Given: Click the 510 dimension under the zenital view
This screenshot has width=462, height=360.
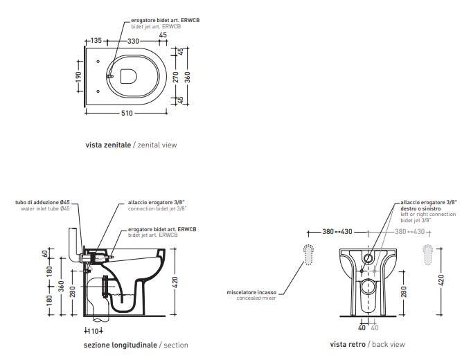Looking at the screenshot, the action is pos(127,113).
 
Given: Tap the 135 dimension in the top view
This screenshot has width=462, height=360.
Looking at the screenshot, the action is pos(96,40).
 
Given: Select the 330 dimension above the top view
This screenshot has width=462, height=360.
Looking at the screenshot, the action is pos(133,41).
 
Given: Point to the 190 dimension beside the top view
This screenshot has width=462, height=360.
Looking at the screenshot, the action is pos(78,77).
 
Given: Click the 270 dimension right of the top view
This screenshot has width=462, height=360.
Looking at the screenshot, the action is pos(176,77).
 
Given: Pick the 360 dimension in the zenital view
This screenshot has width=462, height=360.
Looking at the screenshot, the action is pos(188,77).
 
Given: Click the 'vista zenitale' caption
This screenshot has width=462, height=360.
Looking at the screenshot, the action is pos(108,145).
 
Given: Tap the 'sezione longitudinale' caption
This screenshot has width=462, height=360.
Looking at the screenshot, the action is pos(121,345).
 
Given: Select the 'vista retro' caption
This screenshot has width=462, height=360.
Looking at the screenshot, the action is pos(348,344).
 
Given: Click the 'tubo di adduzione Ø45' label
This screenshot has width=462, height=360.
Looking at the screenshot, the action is pos(42,202).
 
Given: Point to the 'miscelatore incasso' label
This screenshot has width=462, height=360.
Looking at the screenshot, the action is pos(251,293).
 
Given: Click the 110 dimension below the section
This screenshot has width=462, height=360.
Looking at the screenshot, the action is pos(94,331).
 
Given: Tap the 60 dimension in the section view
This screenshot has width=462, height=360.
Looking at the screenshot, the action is pos(45,253).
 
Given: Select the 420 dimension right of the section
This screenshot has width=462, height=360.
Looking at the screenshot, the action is pos(175,282).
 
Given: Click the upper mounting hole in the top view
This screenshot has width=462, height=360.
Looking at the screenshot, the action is pos(98,62).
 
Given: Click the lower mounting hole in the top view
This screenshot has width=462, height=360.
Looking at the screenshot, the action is pos(98,91).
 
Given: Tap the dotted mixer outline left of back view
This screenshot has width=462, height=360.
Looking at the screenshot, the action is pos(308,255).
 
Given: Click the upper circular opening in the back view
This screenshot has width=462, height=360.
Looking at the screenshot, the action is pos(368,258).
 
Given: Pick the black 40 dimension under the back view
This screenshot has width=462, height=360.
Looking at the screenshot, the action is pos(362,327).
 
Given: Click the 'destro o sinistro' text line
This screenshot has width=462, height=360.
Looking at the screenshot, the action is pos(420,208).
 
